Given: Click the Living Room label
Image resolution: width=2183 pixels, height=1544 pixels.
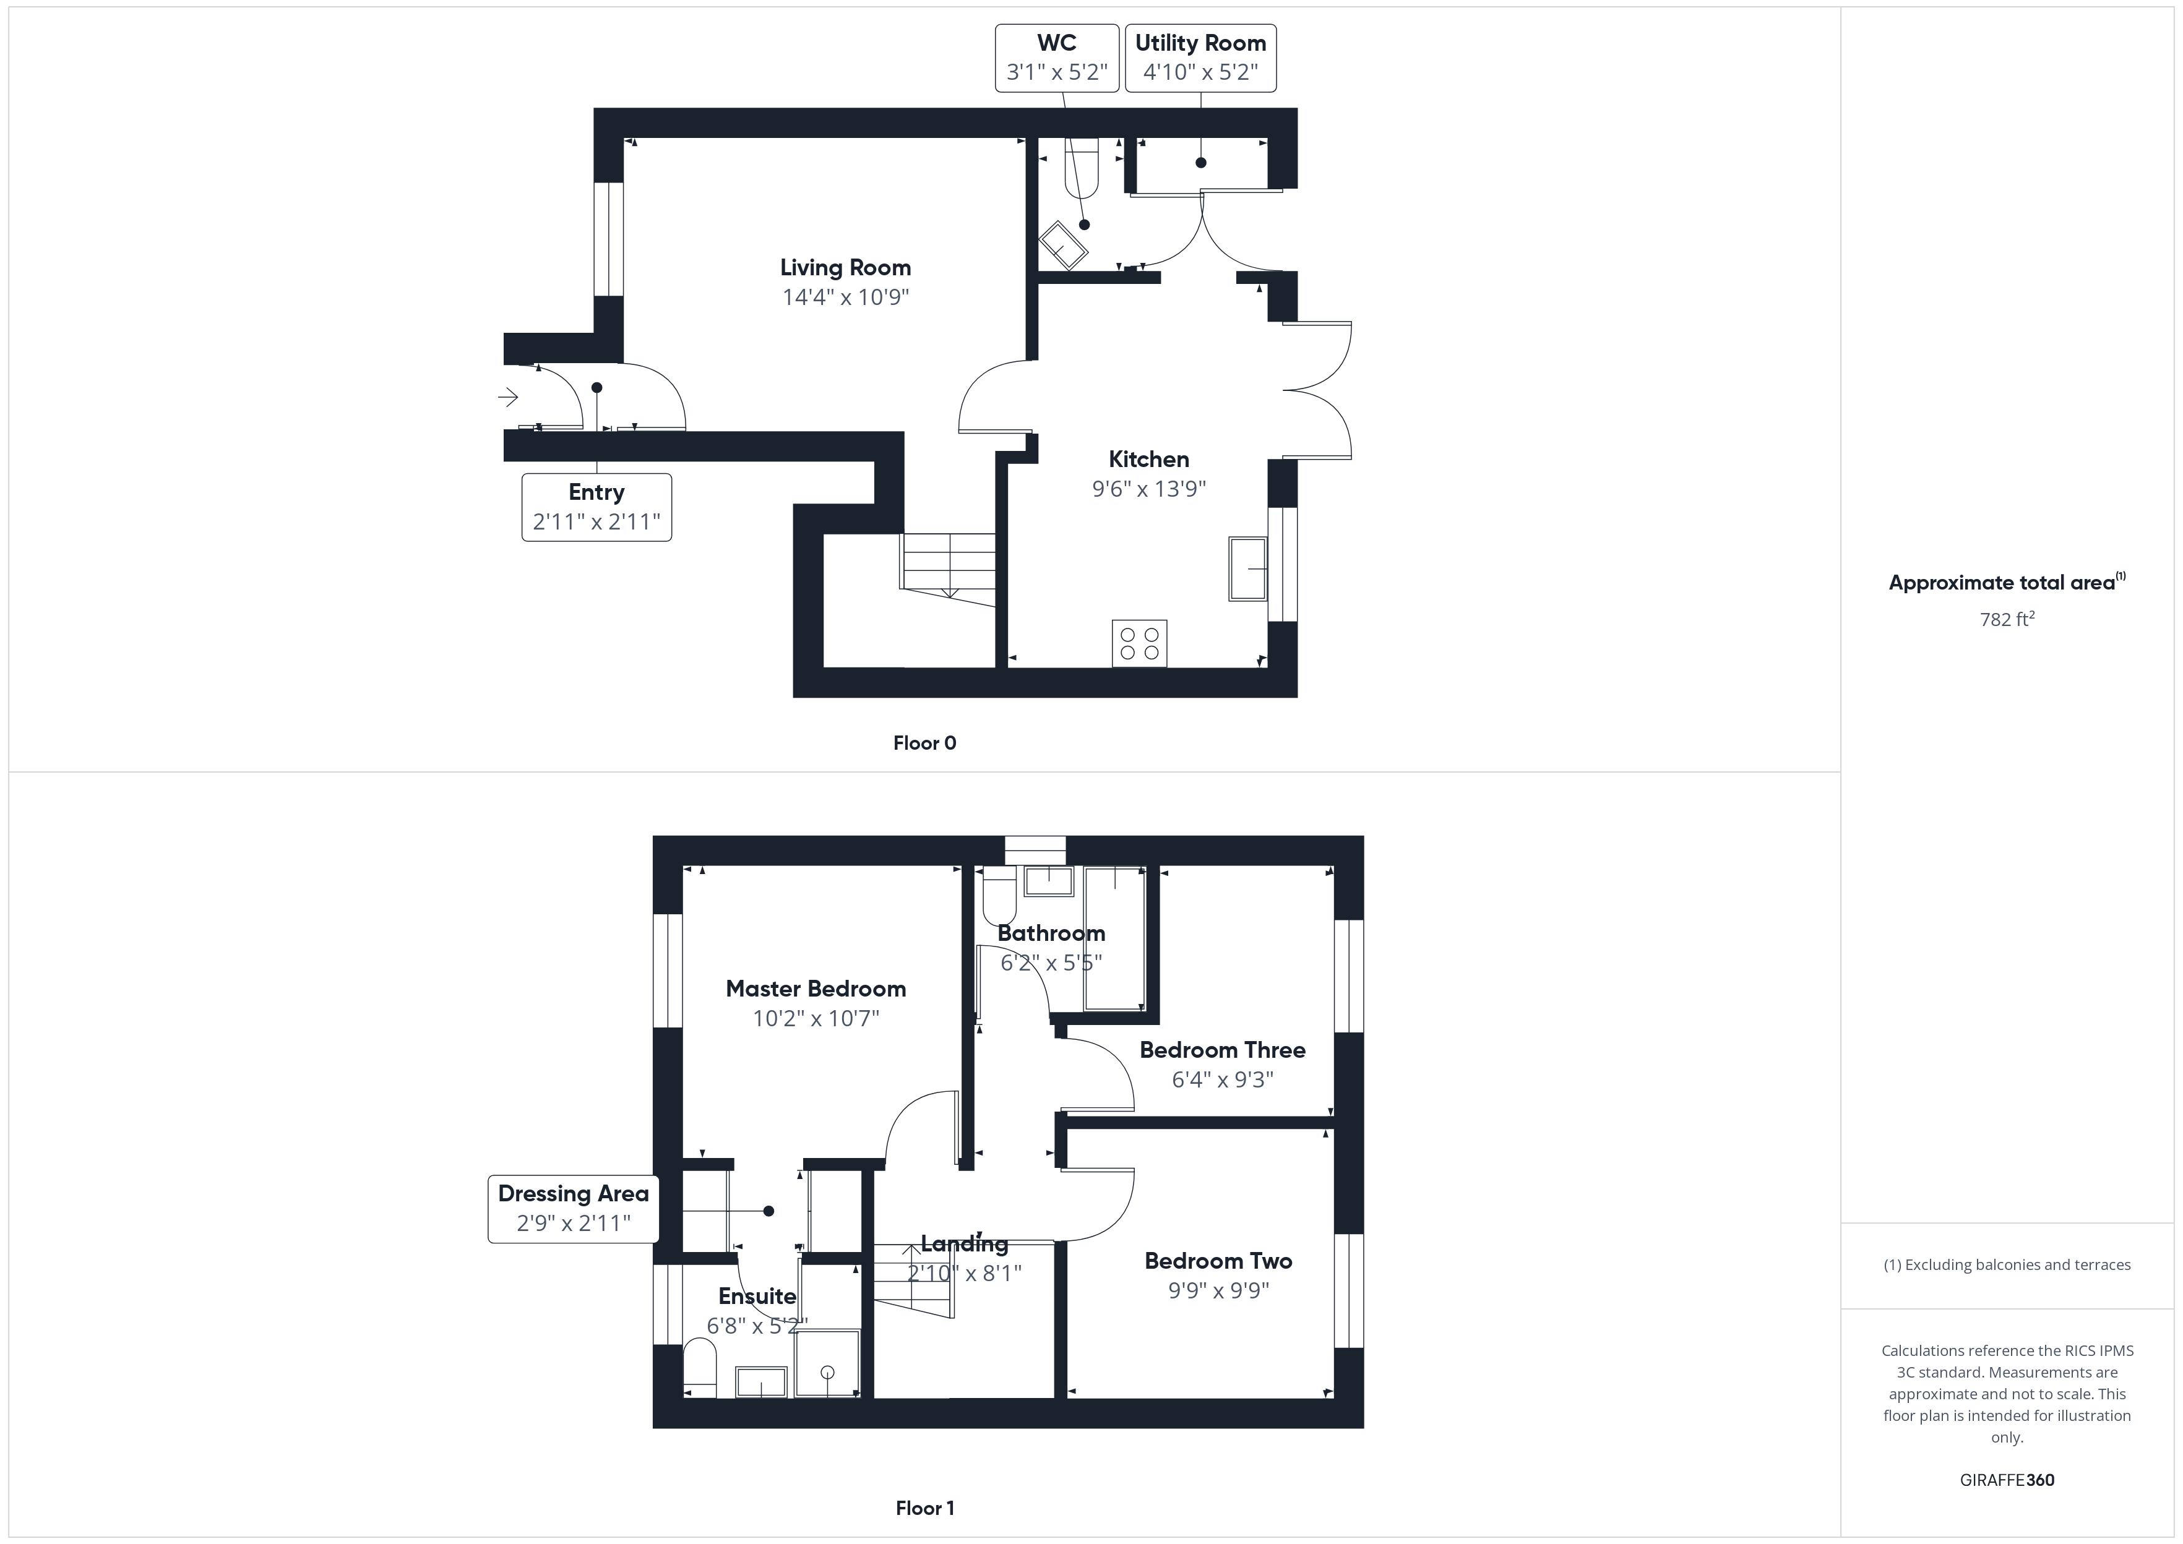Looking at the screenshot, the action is click(845, 268).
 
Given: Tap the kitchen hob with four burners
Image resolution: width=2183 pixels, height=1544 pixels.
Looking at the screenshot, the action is click(1139, 644).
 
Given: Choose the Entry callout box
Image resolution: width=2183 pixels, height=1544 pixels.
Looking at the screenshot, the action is click(596, 508).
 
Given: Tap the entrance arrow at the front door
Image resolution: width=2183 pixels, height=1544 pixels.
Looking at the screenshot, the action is click(508, 397).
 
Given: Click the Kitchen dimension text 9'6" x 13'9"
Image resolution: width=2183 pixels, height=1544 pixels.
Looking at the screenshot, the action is click(1148, 489).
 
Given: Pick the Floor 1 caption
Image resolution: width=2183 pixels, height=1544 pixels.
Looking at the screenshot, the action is click(924, 1509).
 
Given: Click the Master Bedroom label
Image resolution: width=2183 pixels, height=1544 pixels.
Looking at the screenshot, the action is click(816, 989).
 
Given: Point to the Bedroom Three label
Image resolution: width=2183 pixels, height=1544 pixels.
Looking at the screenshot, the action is click(1222, 1050).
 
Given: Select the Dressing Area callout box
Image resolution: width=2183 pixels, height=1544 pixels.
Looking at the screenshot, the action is click(574, 1208).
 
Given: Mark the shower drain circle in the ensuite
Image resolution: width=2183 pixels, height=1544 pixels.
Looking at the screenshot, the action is click(827, 1372).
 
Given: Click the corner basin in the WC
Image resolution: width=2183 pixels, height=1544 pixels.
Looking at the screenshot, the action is click(1064, 246).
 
